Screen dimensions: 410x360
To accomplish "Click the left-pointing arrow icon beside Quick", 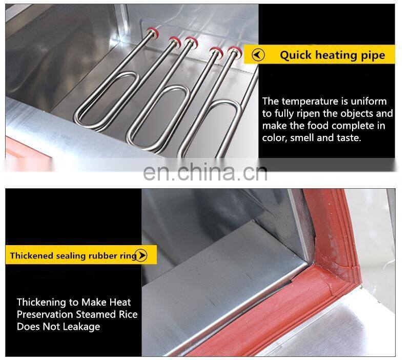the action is (x=258, y=55).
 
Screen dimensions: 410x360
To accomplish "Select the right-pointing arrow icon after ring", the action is (x=141, y=255).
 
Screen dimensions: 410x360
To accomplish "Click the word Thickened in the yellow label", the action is (x=32, y=255).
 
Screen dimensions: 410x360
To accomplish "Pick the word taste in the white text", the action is (x=349, y=138).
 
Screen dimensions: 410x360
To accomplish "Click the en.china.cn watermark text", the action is (x=206, y=172).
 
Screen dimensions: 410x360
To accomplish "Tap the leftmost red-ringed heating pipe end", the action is (x=153, y=32).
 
